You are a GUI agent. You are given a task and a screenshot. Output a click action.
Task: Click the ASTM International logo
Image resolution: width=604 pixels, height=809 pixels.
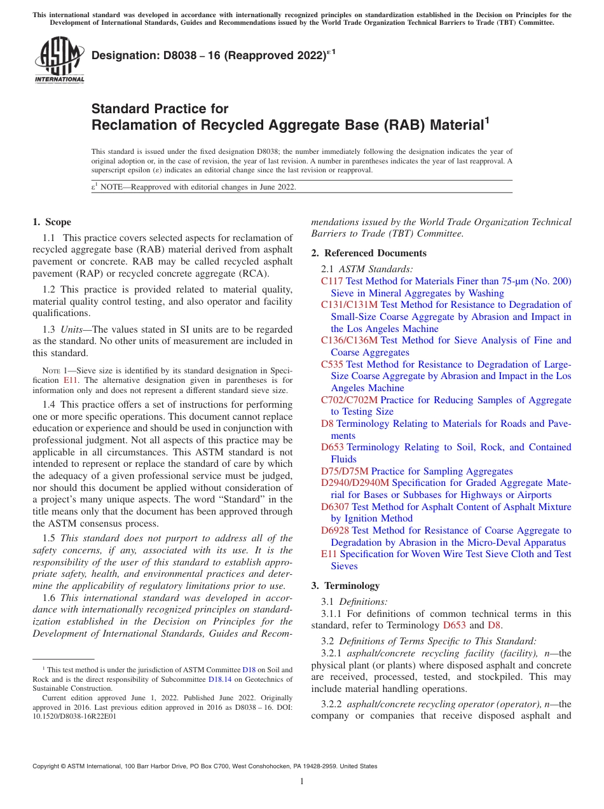pos(58,60)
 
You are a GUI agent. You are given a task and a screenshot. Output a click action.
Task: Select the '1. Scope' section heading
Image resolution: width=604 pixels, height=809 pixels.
pos(51,222)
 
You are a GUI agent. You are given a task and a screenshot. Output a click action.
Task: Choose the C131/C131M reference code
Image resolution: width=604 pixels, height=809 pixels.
pos(349,305)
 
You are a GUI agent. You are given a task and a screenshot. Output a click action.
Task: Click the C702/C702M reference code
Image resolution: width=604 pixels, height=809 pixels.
pos(349,400)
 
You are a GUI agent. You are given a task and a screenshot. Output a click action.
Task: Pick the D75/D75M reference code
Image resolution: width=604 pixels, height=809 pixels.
pos(345,471)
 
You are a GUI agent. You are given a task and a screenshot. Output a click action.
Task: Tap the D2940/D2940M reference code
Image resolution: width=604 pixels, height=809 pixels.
pos(355,483)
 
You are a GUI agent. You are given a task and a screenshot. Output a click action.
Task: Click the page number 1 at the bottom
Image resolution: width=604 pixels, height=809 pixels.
pos(302,782)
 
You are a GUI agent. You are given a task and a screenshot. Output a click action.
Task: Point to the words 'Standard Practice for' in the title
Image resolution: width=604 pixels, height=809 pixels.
pos(160,109)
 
